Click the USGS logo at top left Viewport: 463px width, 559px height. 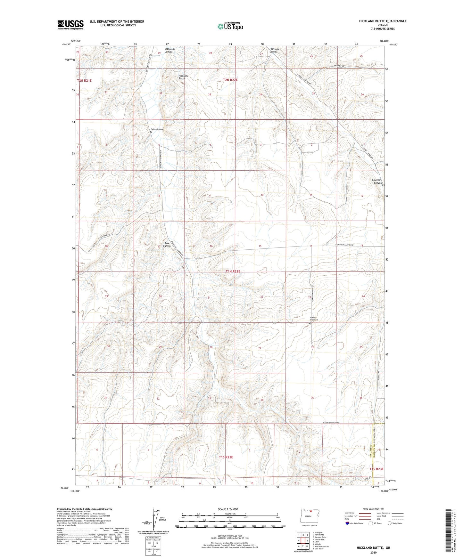click(70, 25)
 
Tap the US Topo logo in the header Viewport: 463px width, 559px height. click(230, 26)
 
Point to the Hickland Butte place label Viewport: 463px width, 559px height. click(183, 77)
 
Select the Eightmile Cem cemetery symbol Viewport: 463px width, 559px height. click(151, 132)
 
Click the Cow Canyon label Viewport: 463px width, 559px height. click(167, 245)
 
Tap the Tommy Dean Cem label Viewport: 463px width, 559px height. click(314, 319)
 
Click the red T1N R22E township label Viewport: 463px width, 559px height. click(233, 271)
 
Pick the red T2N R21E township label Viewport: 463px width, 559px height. click(84, 81)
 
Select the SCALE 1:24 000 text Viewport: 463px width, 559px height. click(227, 509)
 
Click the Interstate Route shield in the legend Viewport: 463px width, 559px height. click(347, 523)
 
